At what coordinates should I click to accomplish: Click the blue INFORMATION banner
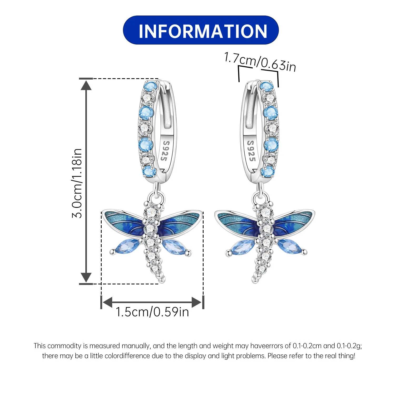201,30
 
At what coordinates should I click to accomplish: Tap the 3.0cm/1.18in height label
77,183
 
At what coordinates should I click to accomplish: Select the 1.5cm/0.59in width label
152,312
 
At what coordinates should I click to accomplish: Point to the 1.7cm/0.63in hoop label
260,62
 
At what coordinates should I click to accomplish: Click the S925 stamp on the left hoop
165,151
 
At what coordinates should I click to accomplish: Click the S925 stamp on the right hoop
251,151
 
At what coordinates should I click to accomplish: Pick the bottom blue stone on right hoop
268,172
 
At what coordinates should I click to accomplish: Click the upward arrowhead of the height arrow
86,85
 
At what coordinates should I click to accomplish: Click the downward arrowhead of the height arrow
86,278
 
